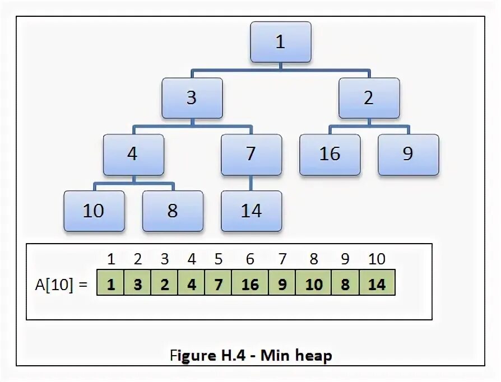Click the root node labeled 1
click(x=280, y=43)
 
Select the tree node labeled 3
click(x=192, y=98)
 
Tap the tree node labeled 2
click(x=369, y=98)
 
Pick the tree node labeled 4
click(x=133, y=154)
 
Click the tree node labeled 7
click(x=251, y=154)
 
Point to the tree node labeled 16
click(x=330, y=154)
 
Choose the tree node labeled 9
click(x=408, y=154)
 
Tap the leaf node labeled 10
click(x=94, y=211)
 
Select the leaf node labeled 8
click(x=172, y=211)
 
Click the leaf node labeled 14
click(x=251, y=211)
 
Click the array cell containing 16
click(x=250, y=285)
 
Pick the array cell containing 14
click(x=377, y=285)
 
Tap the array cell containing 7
click(x=218, y=285)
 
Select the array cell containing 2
click(x=164, y=285)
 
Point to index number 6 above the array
click(x=250, y=259)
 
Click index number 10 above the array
click(x=377, y=259)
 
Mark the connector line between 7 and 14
click(x=251, y=183)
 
